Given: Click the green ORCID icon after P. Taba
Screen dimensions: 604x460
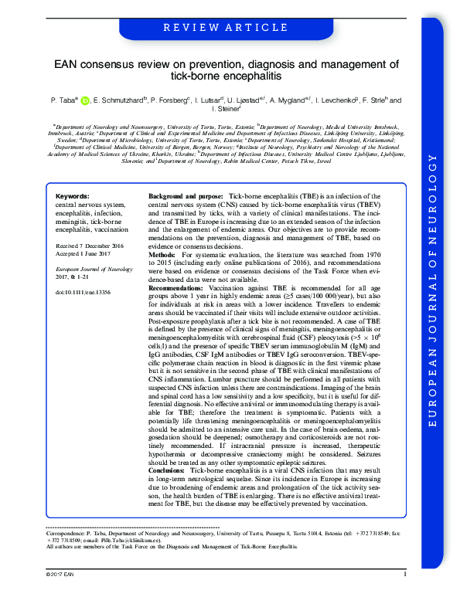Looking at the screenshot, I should click(86, 100).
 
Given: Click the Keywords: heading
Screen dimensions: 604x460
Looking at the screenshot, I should click(73, 197).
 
